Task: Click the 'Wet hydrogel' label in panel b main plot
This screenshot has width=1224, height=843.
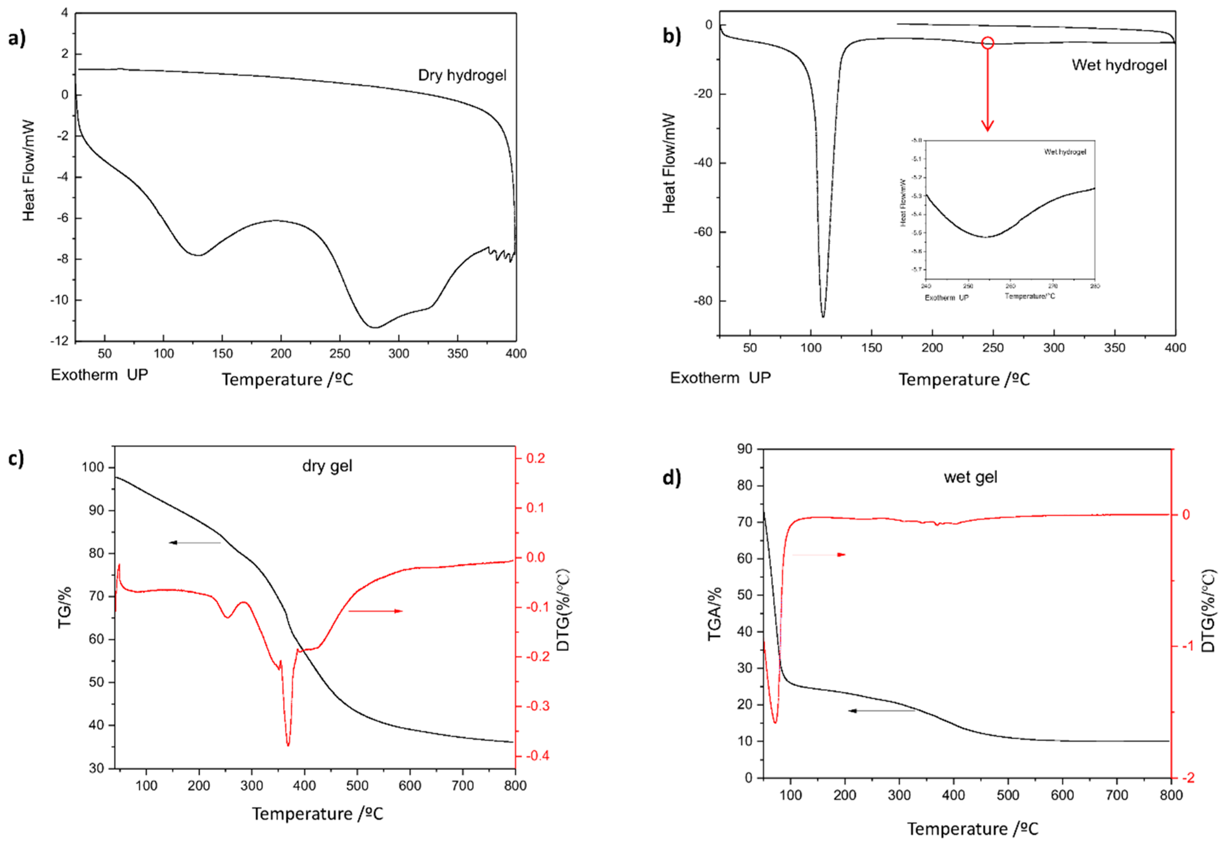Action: click(1119, 65)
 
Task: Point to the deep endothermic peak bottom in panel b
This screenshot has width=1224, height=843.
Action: click(823, 316)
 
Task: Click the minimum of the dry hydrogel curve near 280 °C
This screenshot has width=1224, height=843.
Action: click(375, 327)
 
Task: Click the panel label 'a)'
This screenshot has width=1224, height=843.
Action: click(17, 38)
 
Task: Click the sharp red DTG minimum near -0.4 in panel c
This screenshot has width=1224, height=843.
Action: click(288, 745)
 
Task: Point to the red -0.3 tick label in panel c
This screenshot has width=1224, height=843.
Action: click(537, 706)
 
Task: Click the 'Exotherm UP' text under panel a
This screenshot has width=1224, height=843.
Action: click(99, 375)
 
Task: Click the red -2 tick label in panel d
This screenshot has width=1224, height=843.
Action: click(1186, 778)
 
